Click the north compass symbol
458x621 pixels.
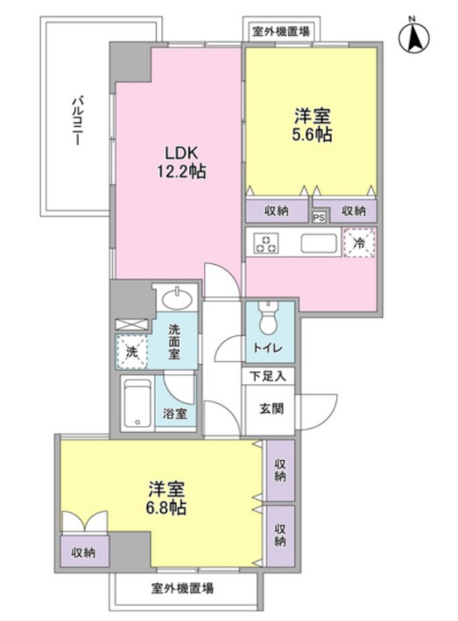point(413,37)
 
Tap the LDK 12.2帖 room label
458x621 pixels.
point(181,162)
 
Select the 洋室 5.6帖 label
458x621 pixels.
point(312,125)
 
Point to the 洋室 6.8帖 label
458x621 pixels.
point(166,498)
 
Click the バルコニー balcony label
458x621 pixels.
point(77,121)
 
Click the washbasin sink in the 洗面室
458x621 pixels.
point(177,298)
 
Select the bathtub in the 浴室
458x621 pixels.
point(137,403)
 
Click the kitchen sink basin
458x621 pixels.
point(319,243)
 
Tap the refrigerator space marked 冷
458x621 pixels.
point(359,242)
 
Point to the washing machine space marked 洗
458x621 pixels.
point(131,352)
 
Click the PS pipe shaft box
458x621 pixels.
point(319,218)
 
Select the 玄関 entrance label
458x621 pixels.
point(271,408)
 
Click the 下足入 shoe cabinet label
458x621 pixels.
point(268,376)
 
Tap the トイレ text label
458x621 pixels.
point(268,348)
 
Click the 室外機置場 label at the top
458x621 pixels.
point(281,31)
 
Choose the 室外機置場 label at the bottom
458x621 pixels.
point(182,588)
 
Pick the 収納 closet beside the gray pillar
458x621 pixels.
point(84,552)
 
